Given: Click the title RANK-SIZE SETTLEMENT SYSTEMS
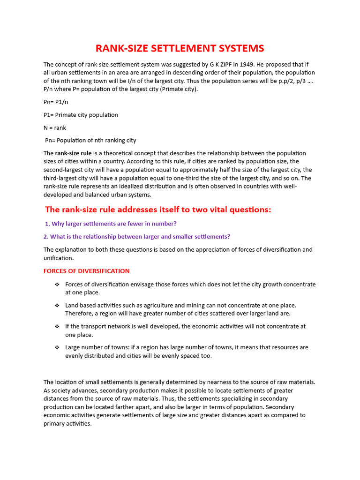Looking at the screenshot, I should point(180,48).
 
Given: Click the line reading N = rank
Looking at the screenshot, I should point(55,127).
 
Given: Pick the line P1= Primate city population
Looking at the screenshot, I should point(81,115).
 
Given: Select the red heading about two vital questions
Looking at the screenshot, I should point(158,210).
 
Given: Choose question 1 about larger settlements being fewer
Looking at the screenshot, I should point(111,224).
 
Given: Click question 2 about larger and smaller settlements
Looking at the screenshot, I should point(137,237).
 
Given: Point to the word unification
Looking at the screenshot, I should point(58,258).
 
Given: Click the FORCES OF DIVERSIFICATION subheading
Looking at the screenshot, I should point(86,271).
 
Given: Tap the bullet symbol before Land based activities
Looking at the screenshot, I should point(57,306).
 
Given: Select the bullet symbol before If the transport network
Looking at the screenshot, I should point(57,327).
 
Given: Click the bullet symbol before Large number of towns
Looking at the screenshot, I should point(57,348).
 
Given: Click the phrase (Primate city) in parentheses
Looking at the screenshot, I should point(177,90).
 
